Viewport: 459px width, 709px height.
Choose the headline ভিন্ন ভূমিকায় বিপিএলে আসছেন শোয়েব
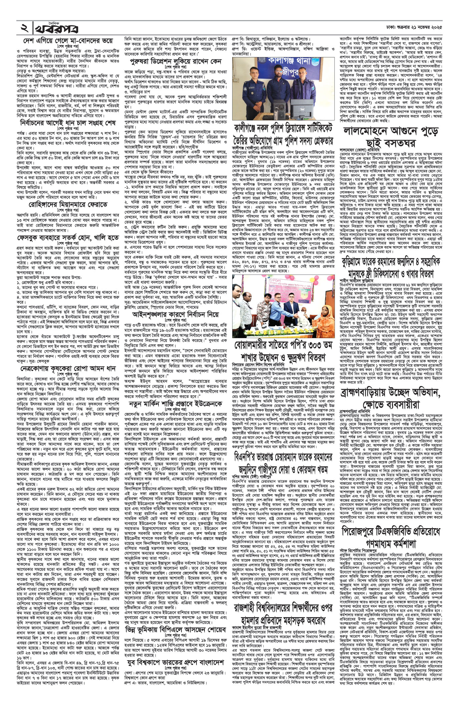pyautogui.click(x=176, y=647)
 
